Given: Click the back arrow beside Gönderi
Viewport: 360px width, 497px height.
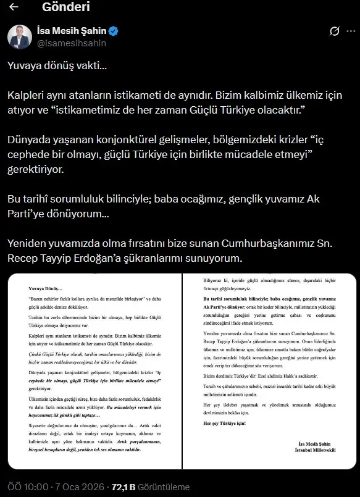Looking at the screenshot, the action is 14,7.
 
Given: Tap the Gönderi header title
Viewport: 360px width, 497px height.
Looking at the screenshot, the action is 66,7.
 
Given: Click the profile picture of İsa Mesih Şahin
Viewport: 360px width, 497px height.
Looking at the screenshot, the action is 20,37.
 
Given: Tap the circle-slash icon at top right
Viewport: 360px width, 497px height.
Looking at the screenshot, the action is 334,31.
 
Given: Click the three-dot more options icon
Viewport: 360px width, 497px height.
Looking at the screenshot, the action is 350,31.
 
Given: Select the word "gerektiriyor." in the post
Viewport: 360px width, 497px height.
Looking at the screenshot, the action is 36,168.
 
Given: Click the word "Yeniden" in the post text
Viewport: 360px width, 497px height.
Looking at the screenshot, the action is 28,243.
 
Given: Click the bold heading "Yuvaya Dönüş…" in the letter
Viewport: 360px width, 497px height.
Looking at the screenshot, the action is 46,288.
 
